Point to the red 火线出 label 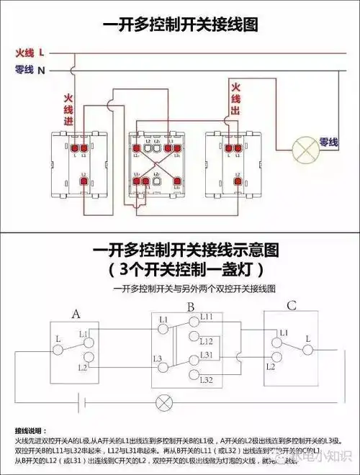235,99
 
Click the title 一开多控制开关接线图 179,24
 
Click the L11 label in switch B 207,317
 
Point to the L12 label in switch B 207,340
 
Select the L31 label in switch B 207,356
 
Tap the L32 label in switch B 207,379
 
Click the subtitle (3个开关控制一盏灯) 179,271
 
